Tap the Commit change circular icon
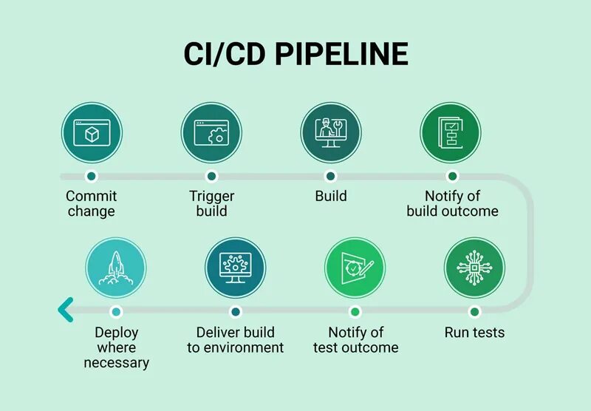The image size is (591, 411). [91, 133]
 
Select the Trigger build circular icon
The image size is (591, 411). [211, 133]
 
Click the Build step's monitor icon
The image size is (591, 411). [330, 133]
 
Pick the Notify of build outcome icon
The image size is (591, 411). [451, 133]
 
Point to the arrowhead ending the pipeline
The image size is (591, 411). [66, 310]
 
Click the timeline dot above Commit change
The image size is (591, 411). [91, 177]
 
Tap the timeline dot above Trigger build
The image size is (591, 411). [211, 177]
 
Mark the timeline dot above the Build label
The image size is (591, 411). [330, 177]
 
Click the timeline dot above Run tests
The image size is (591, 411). [474, 311]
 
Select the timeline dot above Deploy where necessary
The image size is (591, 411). [115, 311]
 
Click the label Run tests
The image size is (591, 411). [474, 333]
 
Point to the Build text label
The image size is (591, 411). [330, 197]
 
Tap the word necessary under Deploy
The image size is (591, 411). [116, 363]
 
